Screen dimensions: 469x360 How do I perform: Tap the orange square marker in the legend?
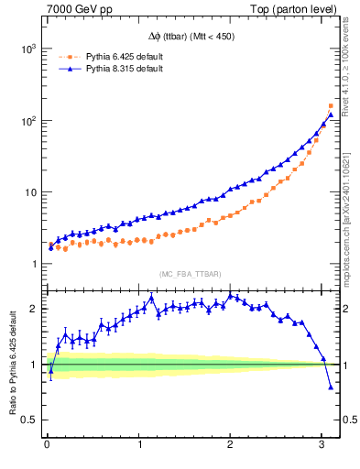tap(67, 57)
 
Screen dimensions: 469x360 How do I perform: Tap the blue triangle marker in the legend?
tap(67, 69)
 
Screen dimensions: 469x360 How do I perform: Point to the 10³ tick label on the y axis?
tap(26, 49)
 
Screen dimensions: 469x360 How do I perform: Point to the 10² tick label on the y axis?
tap(26, 121)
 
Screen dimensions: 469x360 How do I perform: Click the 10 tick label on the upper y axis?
tap(28, 193)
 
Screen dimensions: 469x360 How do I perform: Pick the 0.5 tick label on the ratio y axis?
tap(27, 420)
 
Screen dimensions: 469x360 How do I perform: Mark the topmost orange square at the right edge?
tap(331, 106)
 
